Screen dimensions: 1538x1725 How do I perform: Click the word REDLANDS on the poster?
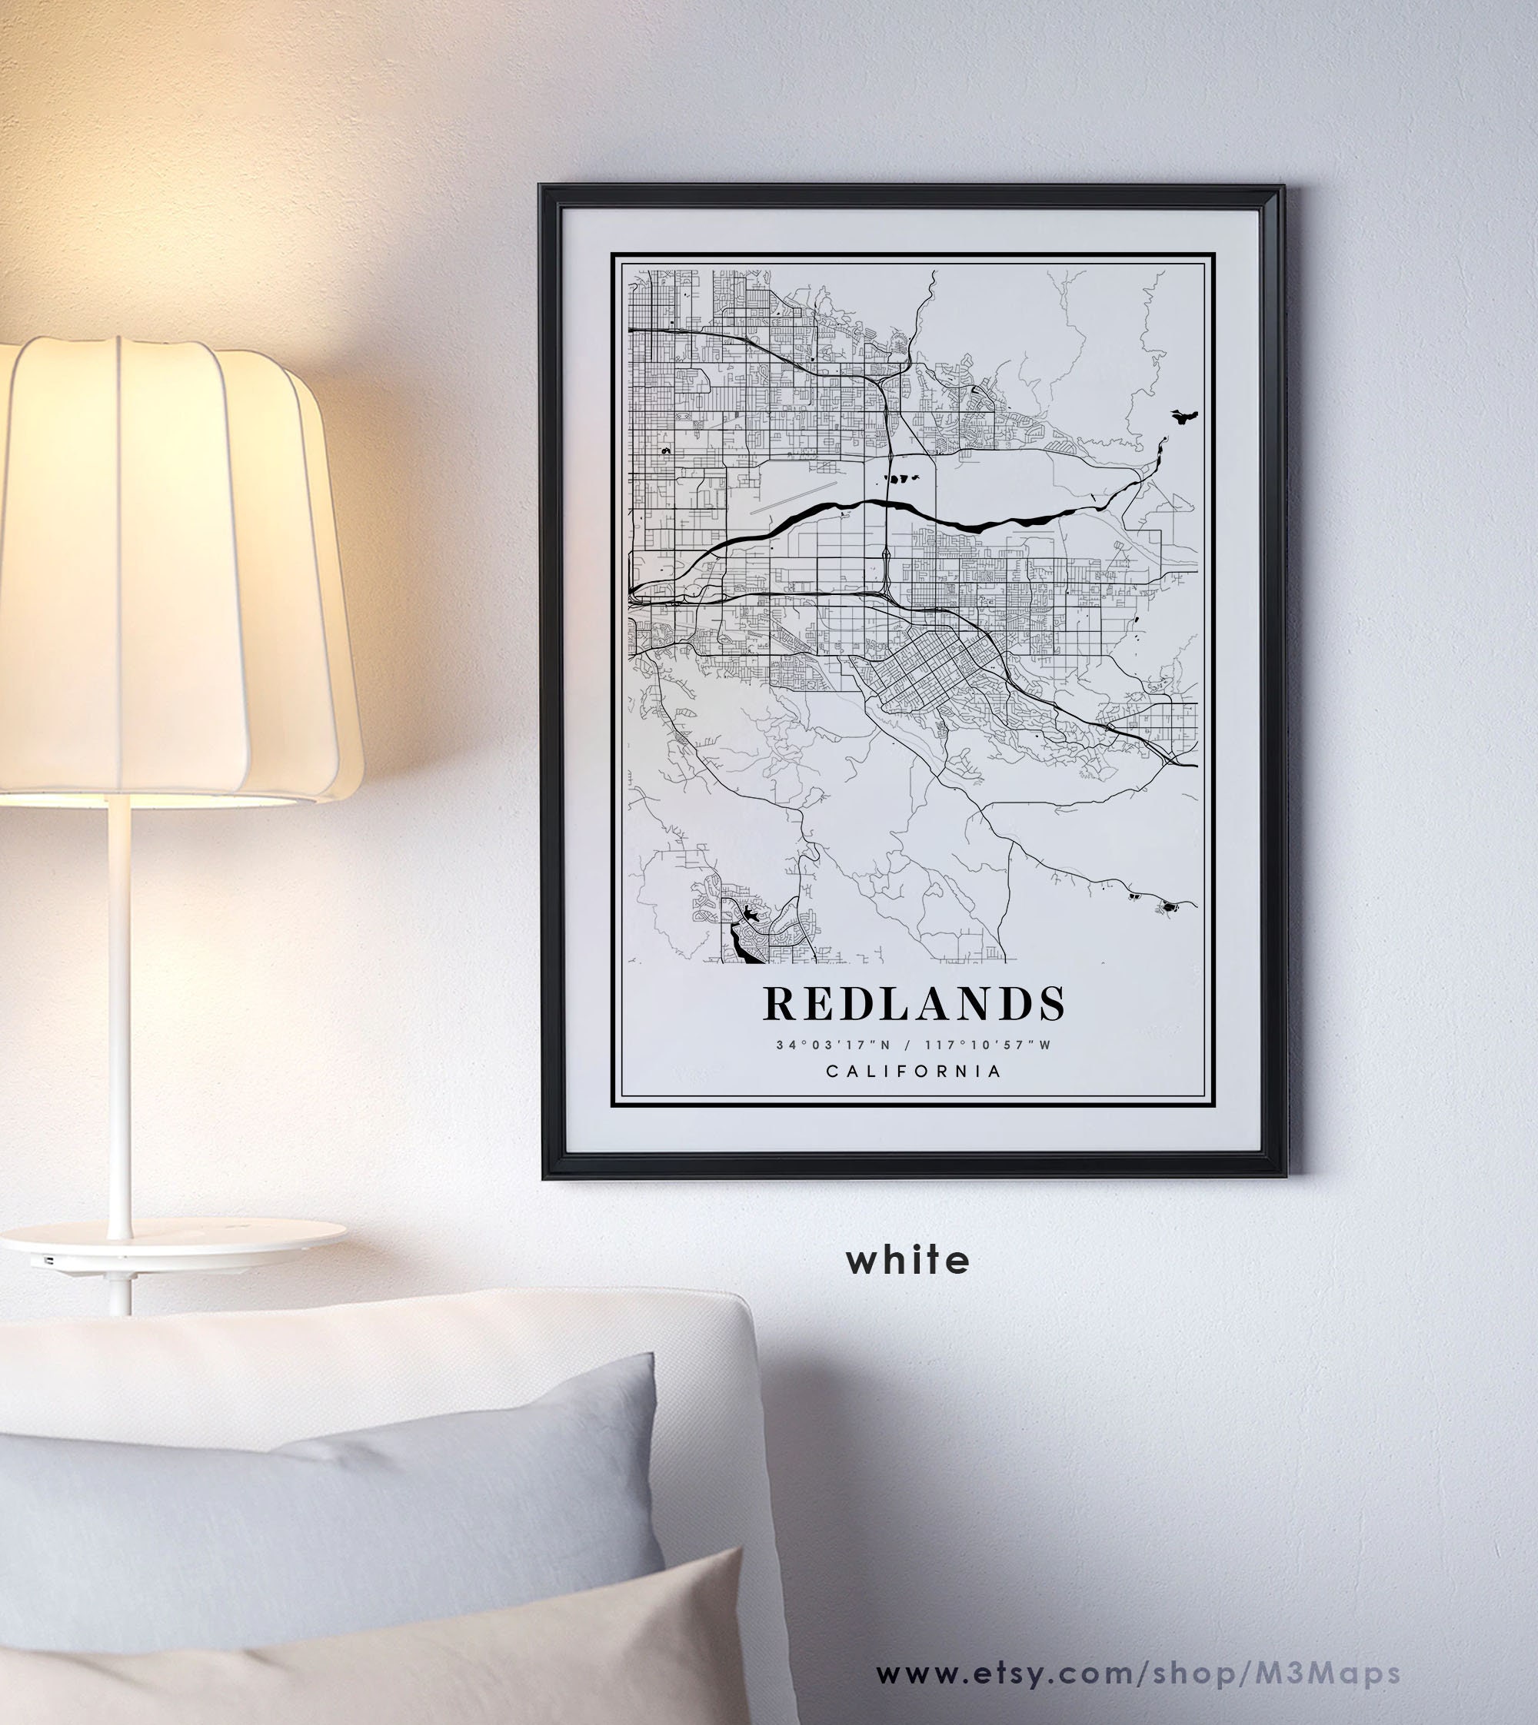(x=914, y=1004)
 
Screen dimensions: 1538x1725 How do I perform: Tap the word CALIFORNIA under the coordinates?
(x=914, y=1071)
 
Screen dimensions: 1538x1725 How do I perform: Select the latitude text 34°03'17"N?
(x=834, y=1045)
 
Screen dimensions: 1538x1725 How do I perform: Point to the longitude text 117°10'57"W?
(x=988, y=1045)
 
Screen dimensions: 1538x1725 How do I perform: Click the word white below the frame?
(x=907, y=1261)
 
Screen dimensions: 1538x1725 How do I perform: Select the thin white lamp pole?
(x=120, y=1014)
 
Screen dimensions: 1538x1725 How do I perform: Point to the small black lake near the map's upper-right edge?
(x=1185, y=416)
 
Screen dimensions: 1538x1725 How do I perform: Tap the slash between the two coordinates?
(x=907, y=1045)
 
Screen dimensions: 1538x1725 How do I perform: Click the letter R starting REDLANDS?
(x=778, y=1004)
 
